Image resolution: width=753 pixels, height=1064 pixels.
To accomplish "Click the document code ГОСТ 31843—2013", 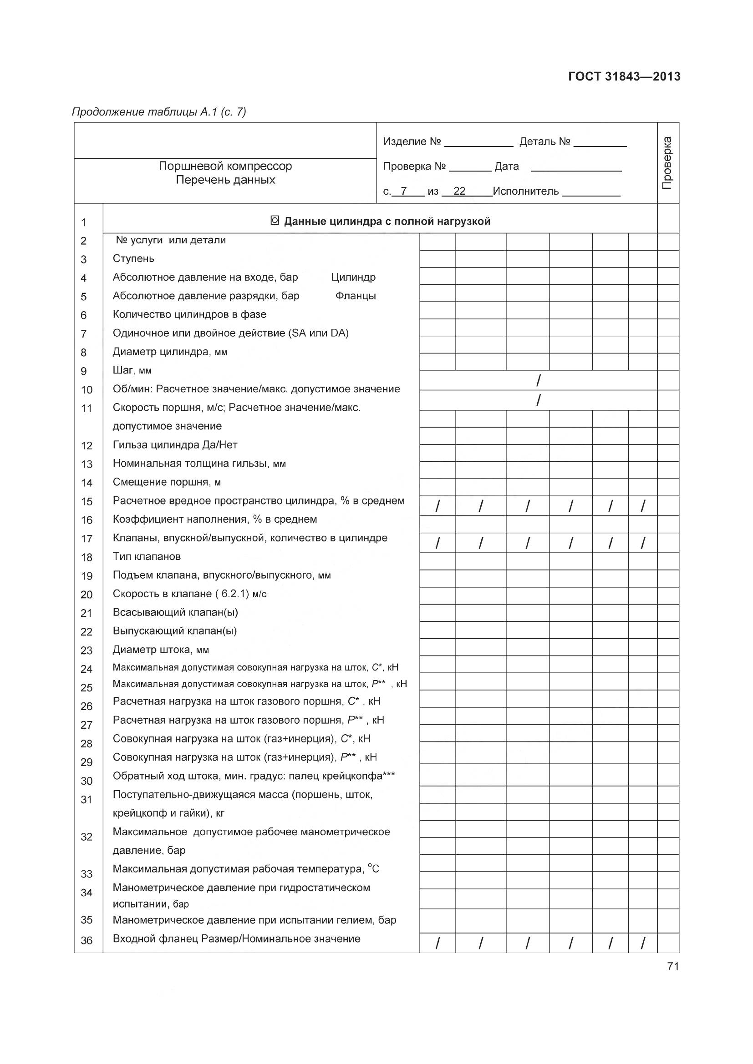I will (624, 76).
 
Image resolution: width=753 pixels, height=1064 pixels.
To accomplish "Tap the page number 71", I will (673, 966).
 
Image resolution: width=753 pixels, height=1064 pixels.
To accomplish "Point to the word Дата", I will (506, 166).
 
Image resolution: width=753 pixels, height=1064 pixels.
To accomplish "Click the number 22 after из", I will (459, 191).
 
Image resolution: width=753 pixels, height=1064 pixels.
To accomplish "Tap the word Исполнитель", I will (526, 191).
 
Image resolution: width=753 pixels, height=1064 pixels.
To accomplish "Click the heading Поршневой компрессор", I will (225, 166).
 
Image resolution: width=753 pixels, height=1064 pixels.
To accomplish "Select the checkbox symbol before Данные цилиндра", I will (275, 221).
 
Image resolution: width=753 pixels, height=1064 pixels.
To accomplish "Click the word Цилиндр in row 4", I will (353, 277).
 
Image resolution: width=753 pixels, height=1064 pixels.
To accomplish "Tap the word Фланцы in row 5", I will (355, 296).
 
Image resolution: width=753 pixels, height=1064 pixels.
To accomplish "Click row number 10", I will (86, 390).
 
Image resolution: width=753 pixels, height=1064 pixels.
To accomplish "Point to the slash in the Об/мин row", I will (538, 381).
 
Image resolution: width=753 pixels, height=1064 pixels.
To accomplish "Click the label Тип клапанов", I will (147, 556).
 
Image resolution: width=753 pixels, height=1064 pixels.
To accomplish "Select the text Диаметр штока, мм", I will (160, 649).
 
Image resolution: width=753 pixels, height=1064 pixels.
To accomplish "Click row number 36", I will (86, 940).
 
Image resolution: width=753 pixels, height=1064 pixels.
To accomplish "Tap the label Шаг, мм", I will (132, 370).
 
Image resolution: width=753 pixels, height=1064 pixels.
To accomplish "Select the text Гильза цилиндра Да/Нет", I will (175, 444).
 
